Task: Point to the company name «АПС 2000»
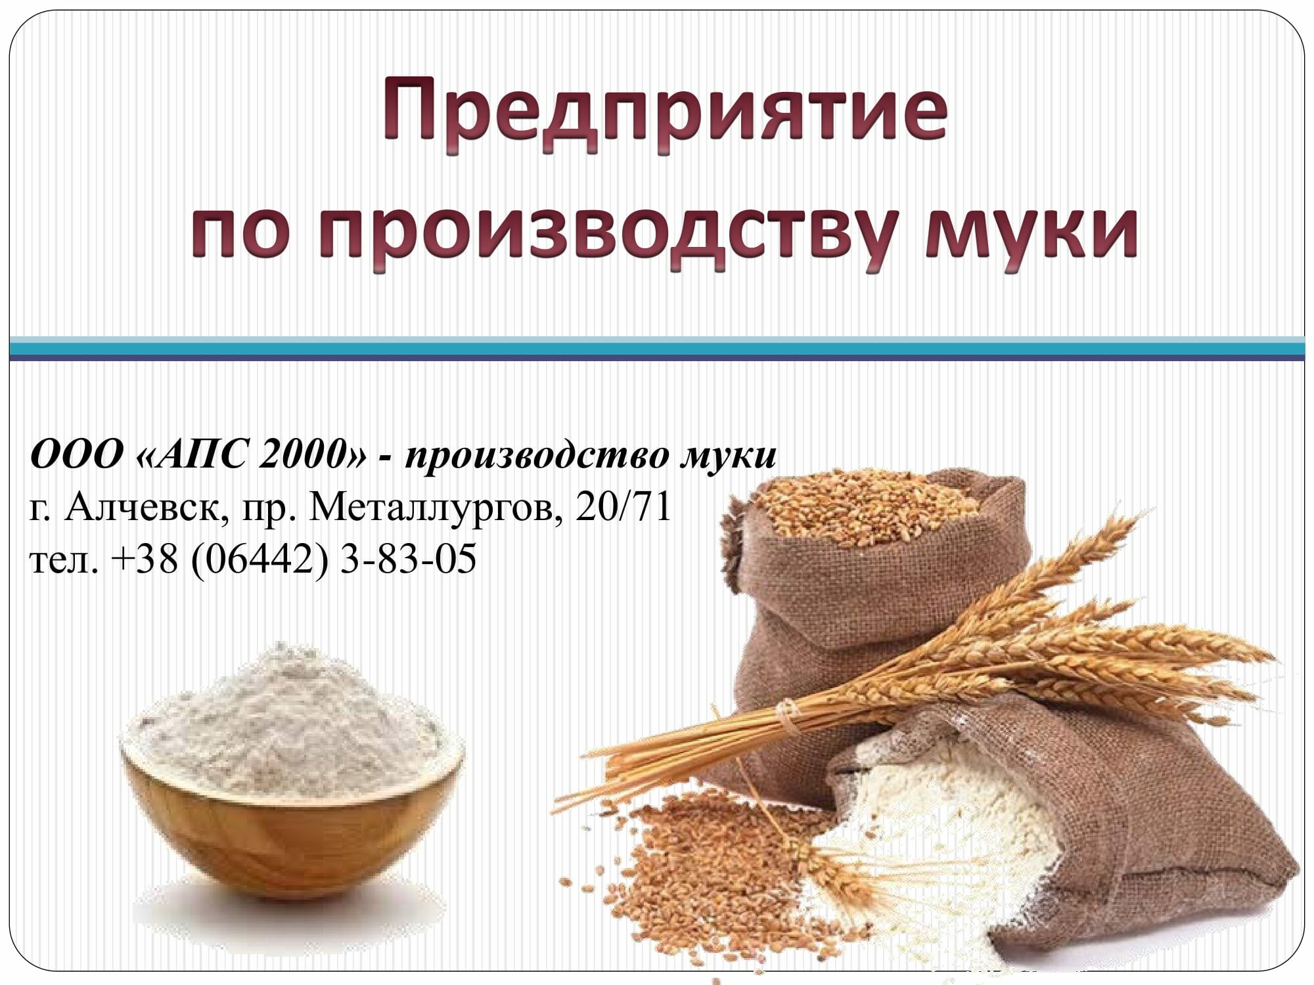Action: [252, 454]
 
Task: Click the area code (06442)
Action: [259, 560]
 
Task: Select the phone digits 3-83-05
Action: [408, 559]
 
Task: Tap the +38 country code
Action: [145, 560]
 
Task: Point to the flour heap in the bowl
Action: [292, 716]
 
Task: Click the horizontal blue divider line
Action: [657, 348]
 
